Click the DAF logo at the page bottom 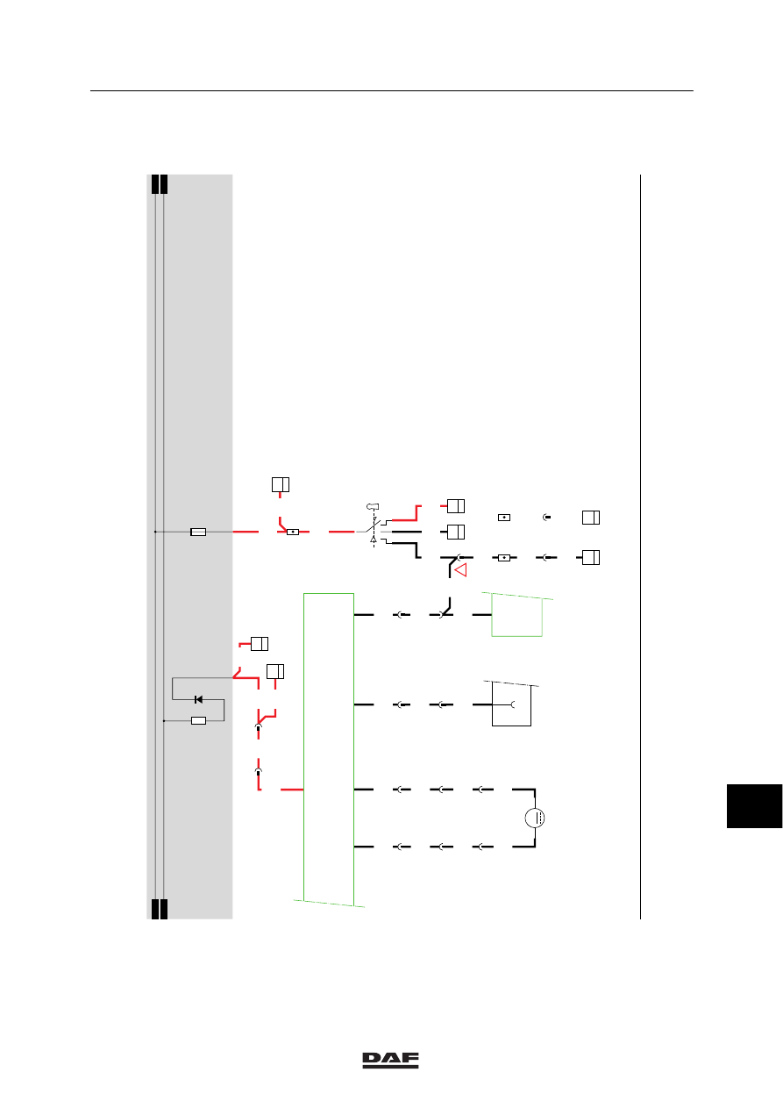pyautogui.click(x=390, y=1060)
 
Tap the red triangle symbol pyautogui.click(x=460, y=570)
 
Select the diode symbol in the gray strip pyautogui.click(x=198, y=699)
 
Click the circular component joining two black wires pyautogui.click(x=535, y=818)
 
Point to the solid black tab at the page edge pyautogui.click(x=754, y=805)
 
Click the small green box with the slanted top pyautogui.click(x=517, y=614)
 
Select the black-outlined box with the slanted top pyautogui.click(x=511, y=704)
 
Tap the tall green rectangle pyautogui.click(x=329, y=750)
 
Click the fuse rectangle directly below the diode pyautogui.click(x=199, y=721)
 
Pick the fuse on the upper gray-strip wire pyautogui.click(x=198, y=532)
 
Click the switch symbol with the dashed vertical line pyautogui.click(x=374, y=526)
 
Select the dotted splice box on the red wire pyautogui.click(x=293, y=533)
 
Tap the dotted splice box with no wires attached pyautogui.click(x=503, y=518)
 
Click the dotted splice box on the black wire pyautogui.click(x=503, y=558)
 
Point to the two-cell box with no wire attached pyautogui.click(x=591, y=518)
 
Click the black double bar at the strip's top pyautogui.click(x=160, y=184)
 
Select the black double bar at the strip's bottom pyautogui.click(x=160, y=909)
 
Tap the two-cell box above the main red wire pyautogui.click(x=281, y=484)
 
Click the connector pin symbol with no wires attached pyautogui.click(x=546, y=518)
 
